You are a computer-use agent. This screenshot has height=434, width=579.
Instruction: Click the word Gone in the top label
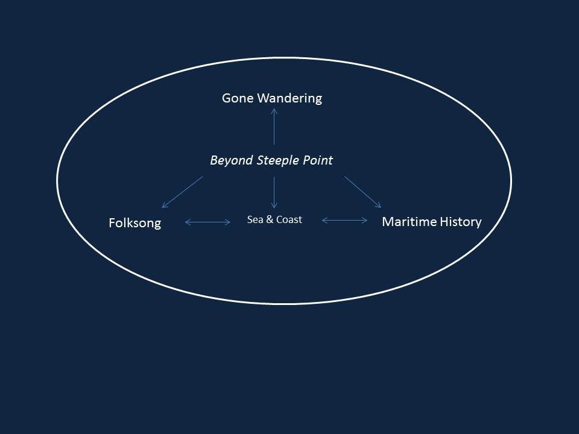(x=237, y=98)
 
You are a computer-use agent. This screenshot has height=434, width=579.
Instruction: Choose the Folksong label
(x=134, y=223)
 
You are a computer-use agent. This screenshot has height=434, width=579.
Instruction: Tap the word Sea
(x=255, y=219)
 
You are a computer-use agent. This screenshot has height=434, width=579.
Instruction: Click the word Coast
(x=288, y=219)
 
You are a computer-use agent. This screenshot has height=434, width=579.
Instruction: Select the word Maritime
(x=407, y=222)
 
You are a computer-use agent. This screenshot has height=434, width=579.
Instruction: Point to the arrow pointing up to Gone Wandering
(x=274, y=127)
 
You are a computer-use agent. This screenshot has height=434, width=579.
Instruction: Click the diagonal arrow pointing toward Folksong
(x=182, y=192)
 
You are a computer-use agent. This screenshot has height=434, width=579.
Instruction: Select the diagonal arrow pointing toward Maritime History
(x=362, y=192)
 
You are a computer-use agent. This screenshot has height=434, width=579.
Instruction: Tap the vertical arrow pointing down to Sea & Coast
(x=274, y=192)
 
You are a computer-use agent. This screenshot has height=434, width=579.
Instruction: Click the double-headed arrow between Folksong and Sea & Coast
(x=207, y=222)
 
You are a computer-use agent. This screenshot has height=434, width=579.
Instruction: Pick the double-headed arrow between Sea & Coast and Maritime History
(x=344, y=221)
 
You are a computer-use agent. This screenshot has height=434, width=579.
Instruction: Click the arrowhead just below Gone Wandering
(x=274, y=111)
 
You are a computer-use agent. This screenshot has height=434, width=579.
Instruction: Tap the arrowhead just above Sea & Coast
(x=274, y=206)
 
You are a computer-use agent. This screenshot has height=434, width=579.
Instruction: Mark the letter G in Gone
(x=226, y=98)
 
